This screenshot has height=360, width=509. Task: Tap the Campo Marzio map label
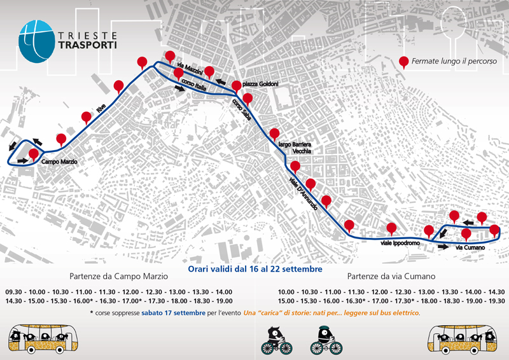point(59,162)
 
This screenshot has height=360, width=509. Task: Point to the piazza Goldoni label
point(260,85)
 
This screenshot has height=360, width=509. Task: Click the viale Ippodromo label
point(398,244)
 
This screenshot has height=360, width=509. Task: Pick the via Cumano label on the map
point(471,247)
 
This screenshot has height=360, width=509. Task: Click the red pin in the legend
point(403,62)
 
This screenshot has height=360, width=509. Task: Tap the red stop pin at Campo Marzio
point(33,155)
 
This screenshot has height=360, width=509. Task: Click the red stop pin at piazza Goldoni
point(237,86)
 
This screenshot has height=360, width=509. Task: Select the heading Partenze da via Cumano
point(392,277)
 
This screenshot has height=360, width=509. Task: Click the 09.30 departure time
point(14,292)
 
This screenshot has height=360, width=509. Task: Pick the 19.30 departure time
point(494,301)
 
